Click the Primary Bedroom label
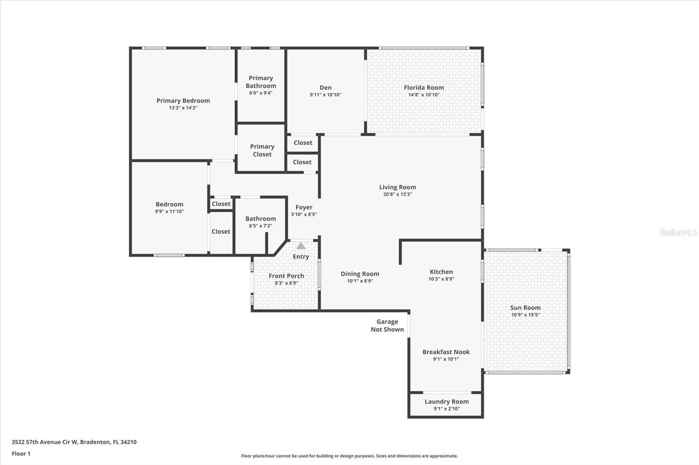point(183,101)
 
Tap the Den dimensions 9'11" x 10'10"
point(325,95)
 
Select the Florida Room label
point(423,88)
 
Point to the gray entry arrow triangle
point(301,246)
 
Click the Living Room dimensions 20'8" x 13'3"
point(397,195)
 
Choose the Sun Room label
point(525,308)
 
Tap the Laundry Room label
point(446,402)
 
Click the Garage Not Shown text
point(387,325)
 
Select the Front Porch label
point(286,276)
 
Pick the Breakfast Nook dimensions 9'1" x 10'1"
point(446,359)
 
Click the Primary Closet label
point(262,150)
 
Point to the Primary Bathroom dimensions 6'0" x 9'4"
point(261,93)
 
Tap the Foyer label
point(304,208)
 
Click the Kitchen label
point(441,272)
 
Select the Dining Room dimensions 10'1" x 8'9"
point(360,281)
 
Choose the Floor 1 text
point(21,454)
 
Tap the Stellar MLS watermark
point(678,233)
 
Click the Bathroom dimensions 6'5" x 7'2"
point(260,226)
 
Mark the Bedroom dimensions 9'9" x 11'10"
point(169,212)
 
